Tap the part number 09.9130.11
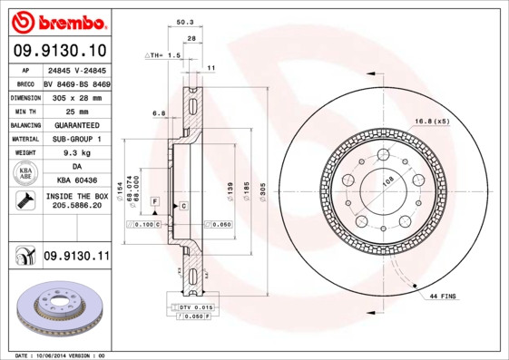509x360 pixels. [x=76, y=257]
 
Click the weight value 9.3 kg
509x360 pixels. [x=76, y=153]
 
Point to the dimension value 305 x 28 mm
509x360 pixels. [x=76, y=96]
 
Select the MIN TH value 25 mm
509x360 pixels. [x=76, y=111]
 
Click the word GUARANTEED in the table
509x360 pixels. [x=76, y=124]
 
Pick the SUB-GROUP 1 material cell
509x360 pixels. [x=76, y=139]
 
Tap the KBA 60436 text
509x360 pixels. [x=76, y=181]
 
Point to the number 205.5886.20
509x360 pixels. [x=76, y=206]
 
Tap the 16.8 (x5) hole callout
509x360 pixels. [x=432, y=121]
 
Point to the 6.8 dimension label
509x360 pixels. [x=158, y=113]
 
